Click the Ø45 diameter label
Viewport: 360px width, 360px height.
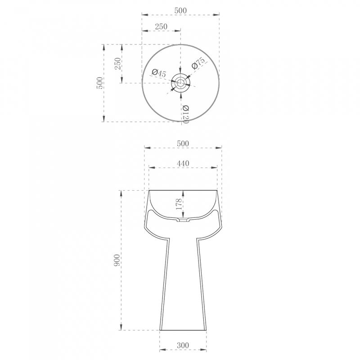point(159,73)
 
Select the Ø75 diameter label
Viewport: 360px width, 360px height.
point(198,63)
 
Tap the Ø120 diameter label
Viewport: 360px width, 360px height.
point(185,114)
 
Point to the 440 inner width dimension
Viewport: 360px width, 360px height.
point(183,163)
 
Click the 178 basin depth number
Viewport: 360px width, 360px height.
point(179,204)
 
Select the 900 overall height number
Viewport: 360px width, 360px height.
point(117,260)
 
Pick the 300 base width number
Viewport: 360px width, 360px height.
point(183,345)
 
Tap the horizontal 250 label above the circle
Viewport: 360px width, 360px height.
point(161,27)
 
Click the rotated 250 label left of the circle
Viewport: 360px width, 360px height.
point(117,63)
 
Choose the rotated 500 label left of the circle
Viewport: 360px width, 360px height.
point(99,83)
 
